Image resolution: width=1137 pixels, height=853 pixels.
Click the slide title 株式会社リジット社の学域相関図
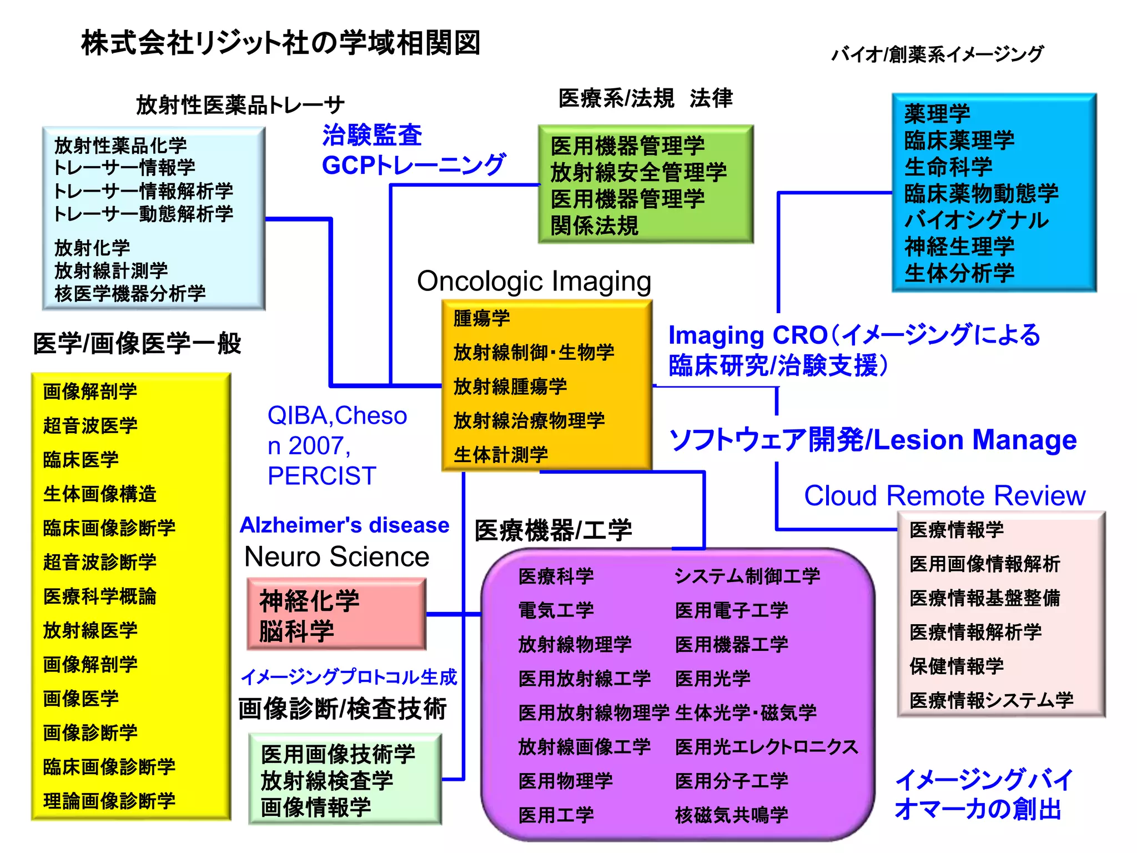pos(280,43)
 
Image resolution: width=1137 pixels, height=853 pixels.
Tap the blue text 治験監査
pos(372,135)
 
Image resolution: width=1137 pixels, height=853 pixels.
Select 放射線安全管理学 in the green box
pos(638,172)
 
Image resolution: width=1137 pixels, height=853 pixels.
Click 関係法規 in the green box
pos(595,225)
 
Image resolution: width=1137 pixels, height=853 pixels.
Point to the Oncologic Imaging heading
pos(534,281)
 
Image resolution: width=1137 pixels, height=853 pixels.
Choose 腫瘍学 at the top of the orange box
pos(481,318)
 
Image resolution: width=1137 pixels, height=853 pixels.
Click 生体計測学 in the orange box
pos(501,455)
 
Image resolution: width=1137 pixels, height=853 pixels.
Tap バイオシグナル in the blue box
pos(977,220)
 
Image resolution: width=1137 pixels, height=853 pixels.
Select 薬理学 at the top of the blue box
pos(937,114)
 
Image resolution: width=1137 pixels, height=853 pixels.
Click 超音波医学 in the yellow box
pos(90,425)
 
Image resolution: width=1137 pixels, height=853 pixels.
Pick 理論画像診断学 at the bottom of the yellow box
pos(109,801)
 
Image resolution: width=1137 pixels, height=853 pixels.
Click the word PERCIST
pos(322,476)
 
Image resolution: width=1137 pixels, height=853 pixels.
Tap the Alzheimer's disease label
pos(344,525)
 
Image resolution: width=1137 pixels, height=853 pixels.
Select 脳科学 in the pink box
pos(297,631)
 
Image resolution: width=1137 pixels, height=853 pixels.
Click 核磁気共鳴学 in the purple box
pos(731,815)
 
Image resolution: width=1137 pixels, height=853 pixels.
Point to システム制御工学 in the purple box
pos(747,576)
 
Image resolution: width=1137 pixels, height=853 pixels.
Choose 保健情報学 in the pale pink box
pos(957,666)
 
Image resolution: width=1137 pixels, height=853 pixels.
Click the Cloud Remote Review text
pos(944,495)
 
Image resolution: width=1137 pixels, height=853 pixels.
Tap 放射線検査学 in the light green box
pos(327,781)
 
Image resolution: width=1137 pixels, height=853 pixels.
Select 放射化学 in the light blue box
pos(92,248)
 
